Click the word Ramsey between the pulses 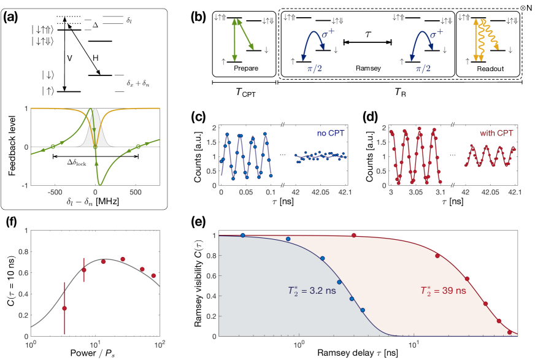(368, 69)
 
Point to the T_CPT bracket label (244, 93)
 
